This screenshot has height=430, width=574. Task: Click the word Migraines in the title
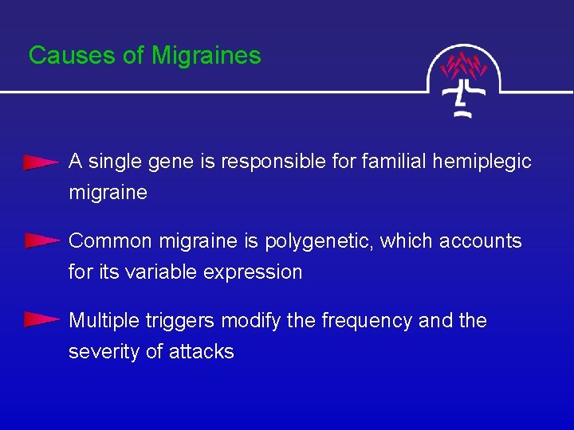(x=206, y=55)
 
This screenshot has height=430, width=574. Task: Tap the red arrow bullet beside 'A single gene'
(x=41, y=162)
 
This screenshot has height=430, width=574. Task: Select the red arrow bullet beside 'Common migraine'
(x=41, y=240)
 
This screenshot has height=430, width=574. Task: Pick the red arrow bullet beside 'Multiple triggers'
(x=41, y=320)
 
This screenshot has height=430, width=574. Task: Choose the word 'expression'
(x=253, y=272)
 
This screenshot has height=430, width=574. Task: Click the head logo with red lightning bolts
(x=465, y=80)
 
